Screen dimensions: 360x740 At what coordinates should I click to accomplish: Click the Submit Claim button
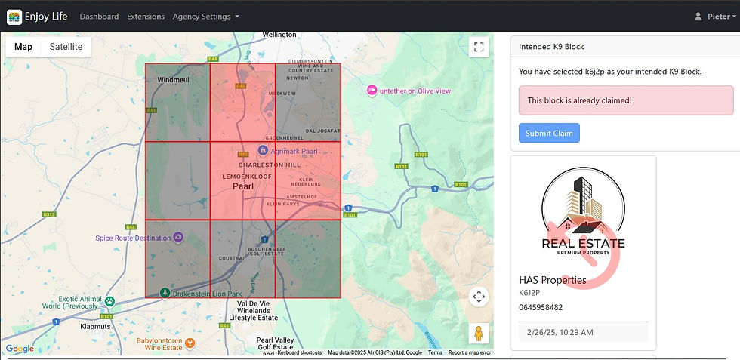click(x=549, y=134)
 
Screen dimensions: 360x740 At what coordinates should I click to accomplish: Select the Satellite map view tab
click(x=66, y=47)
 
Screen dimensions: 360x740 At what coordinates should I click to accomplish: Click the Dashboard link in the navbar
click(x=99, y=17)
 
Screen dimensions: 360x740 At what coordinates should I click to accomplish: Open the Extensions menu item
click(x=146, y=17)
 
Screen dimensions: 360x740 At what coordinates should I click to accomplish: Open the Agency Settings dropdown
click(x=205, y=17)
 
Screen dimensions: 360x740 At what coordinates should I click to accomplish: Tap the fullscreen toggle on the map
click(x=478, y=48)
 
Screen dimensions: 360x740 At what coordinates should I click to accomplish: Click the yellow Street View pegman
click(x=478, y=333)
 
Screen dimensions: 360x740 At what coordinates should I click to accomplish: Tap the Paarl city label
click(x=243, y=186)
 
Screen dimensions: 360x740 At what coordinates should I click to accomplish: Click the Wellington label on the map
click(x=280, y=35)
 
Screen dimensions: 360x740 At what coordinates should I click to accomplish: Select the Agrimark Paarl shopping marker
click(x=262, y=150)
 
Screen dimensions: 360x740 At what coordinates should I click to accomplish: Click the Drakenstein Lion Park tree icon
click(x=165, y=292)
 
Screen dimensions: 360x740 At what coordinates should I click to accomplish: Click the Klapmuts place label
click(x=95, y=328)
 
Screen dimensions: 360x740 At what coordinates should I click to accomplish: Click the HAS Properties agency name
click(x=552, y=280)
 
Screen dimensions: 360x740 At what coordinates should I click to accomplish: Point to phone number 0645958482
click(x=541, y=307)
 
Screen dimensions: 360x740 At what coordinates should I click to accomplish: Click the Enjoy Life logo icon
click(x=14, y=17)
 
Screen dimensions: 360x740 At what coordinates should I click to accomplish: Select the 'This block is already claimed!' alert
click(x=625, y=100)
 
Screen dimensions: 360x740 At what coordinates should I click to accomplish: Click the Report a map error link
click(x=470, y=352)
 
